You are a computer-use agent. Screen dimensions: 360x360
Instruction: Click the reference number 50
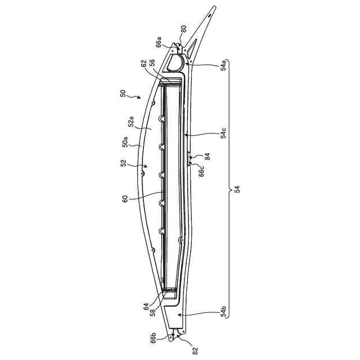(x=123, y=93)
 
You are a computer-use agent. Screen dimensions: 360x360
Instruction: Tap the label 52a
(x=131, y=121)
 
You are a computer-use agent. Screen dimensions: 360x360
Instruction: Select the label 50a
(x=125, y=142)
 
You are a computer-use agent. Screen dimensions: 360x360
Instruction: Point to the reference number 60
(x=125, y=199)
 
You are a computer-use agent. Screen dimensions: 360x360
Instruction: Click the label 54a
(x=223, y=65)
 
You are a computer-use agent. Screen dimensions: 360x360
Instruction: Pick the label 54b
(x=223, y=312)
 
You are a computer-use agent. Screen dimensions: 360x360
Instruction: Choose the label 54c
(x=223, y=133)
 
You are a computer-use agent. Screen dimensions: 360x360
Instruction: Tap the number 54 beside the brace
(x=237, y=189)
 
